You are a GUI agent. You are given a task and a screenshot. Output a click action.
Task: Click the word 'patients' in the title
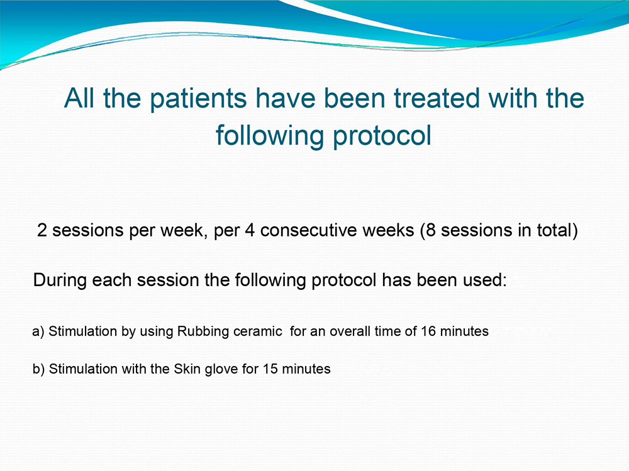[199, 99]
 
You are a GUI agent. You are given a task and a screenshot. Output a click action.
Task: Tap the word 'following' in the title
[270, 136]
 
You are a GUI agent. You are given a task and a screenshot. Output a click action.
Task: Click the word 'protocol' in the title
[382, 136]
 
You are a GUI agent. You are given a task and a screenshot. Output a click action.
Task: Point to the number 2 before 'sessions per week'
[42, 230]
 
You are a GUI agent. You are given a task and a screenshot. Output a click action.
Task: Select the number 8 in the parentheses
[431, 230]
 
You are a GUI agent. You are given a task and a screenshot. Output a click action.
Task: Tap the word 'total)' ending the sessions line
[557, 230]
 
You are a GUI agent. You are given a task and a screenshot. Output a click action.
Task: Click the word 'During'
[60, 280]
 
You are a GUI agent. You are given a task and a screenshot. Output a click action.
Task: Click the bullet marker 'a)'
[38, 331]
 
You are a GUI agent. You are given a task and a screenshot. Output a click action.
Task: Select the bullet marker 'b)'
[38, 368]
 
